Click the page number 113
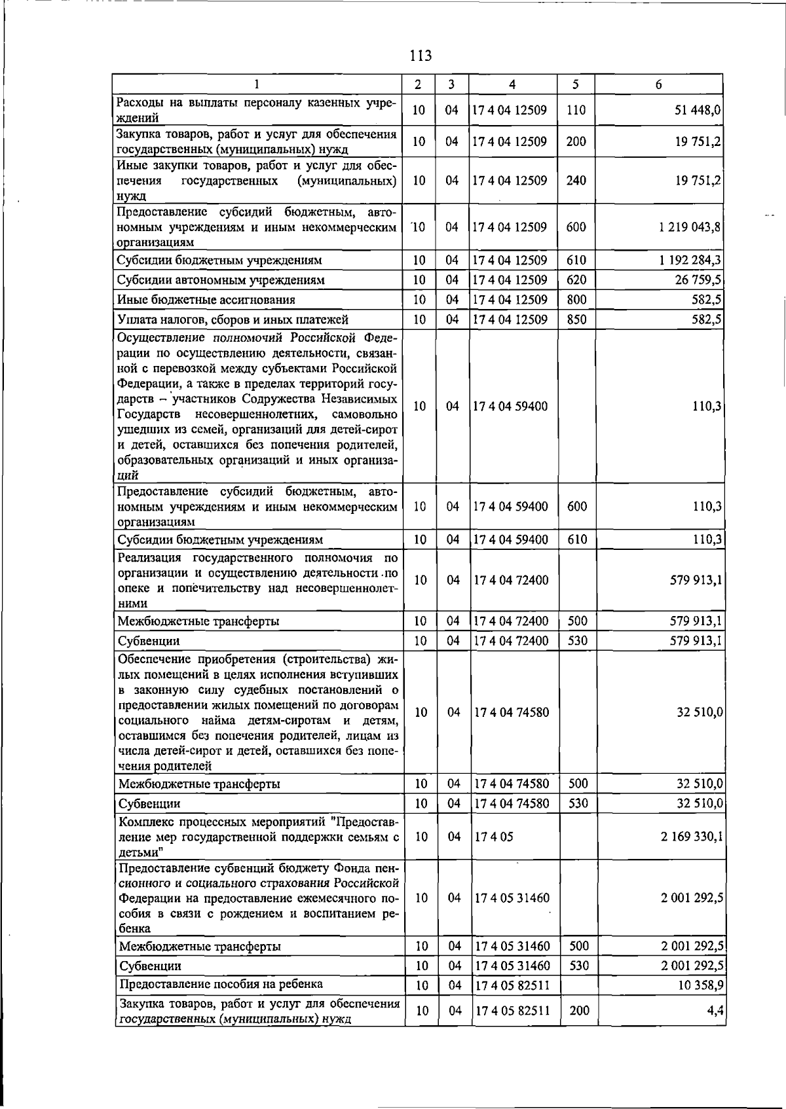[x=420, y=56]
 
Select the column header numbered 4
[x=512, y=84]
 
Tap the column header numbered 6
[x=658, y=84]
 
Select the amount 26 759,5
[x=698, y=280]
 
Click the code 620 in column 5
[x=576, y=280]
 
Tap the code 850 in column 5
[x=576, y=319]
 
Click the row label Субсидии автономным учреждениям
[x=221, y=280]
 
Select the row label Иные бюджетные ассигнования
[x=206, y=300]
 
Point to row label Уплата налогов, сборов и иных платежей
[x=233, y=319]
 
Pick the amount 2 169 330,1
[x=692, y=837]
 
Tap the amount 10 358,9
[x=700, y=985]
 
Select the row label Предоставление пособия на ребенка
[x=221, y=984]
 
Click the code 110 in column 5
[x=576, y=111]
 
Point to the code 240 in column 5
[x=576, y=181]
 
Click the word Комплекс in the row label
[x=144, y=822]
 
